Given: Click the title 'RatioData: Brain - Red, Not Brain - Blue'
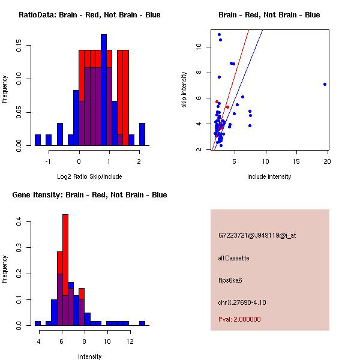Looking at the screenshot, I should coord(89,15).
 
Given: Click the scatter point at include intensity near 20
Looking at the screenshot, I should coord(325,84).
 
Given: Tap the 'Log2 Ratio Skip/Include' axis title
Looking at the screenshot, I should coord(89,176).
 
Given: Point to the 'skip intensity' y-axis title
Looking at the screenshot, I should coord(184,90).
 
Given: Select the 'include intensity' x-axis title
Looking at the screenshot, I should coord(269,176).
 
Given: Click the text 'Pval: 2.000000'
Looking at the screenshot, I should coord(239,319).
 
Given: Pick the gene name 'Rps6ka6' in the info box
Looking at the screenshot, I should coord(230,280).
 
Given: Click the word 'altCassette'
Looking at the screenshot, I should coord(234,258).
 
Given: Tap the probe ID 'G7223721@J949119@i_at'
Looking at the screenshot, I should coord(257,235).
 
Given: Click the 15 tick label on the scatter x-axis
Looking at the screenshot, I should coord(297,161).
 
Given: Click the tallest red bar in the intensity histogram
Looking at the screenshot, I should coord(65,240).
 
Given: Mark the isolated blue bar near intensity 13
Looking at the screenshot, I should coord(142,323).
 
